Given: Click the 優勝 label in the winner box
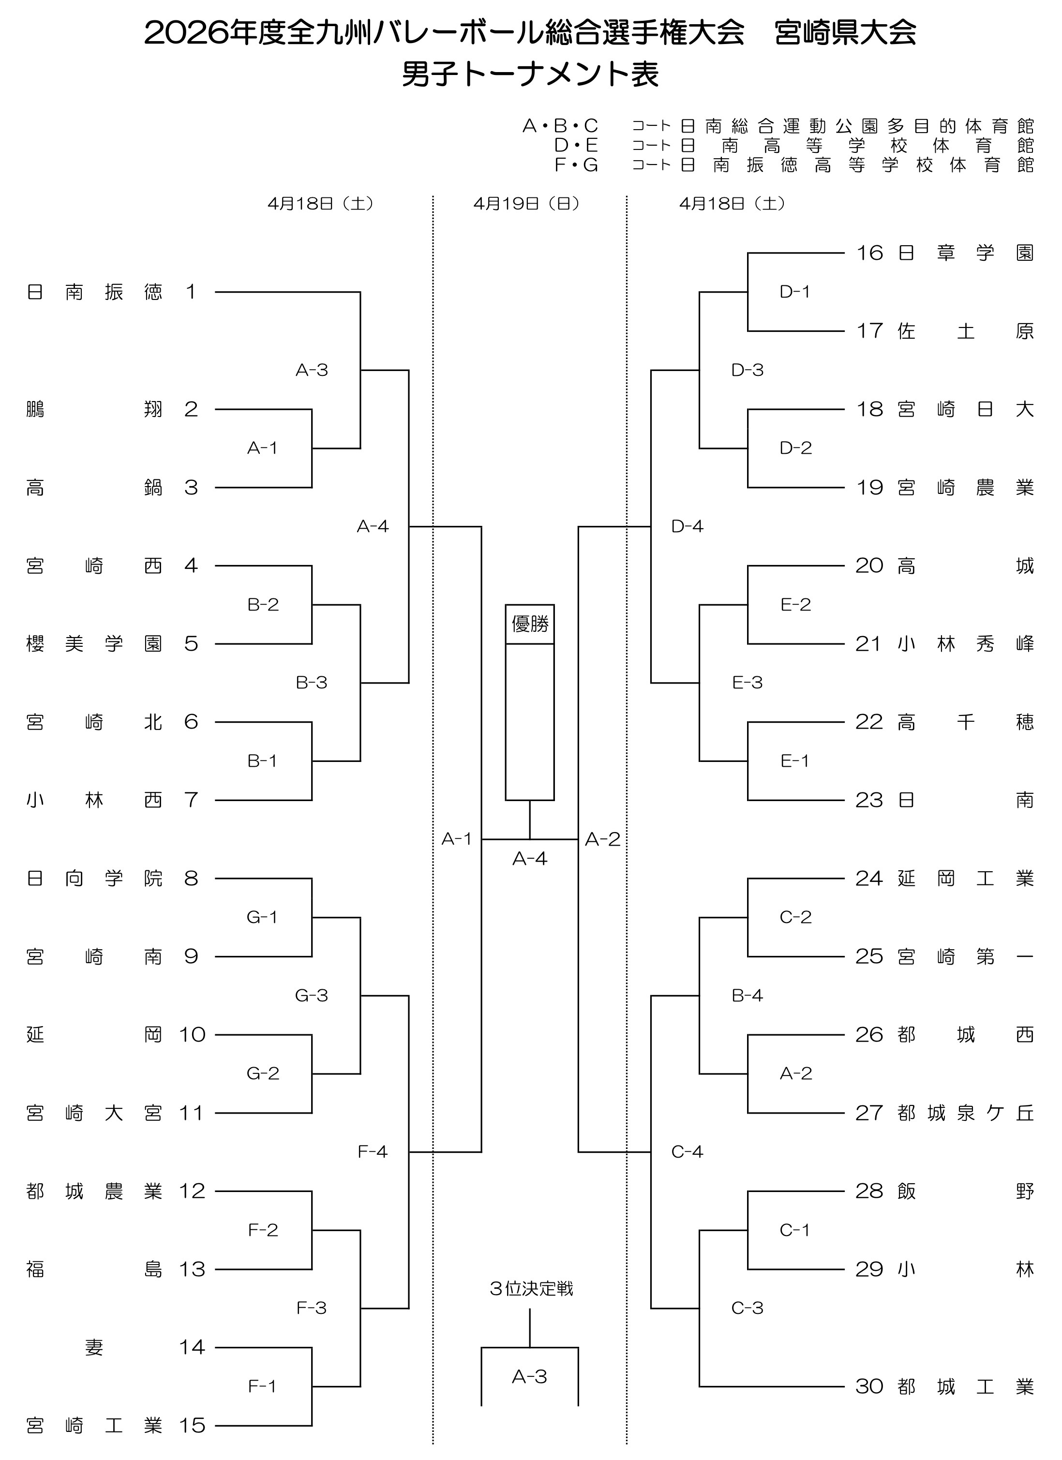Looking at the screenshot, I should point(530,624).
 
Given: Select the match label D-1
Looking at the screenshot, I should point(795,292).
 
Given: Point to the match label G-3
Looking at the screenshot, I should point(312,995).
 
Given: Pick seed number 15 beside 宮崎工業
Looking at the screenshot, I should point(192,1425).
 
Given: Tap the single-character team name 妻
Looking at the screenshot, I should point(94,1347).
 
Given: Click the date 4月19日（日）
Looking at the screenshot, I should point(526,203).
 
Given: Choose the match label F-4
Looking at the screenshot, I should point(373,1152).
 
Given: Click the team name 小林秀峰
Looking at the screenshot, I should point(965,644).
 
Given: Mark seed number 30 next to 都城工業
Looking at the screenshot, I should point(869,1386).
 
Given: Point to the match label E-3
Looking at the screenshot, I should point(747,683).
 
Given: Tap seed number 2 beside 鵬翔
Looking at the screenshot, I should point(191,409).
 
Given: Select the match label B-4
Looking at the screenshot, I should point(747,995).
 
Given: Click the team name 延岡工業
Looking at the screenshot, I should point(965,878).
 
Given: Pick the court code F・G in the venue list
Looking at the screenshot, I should point(576,165).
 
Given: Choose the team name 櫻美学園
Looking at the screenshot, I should point(94,644).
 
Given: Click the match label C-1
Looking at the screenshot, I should point(795,1230).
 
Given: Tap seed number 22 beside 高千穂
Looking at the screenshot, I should point(869,722).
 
